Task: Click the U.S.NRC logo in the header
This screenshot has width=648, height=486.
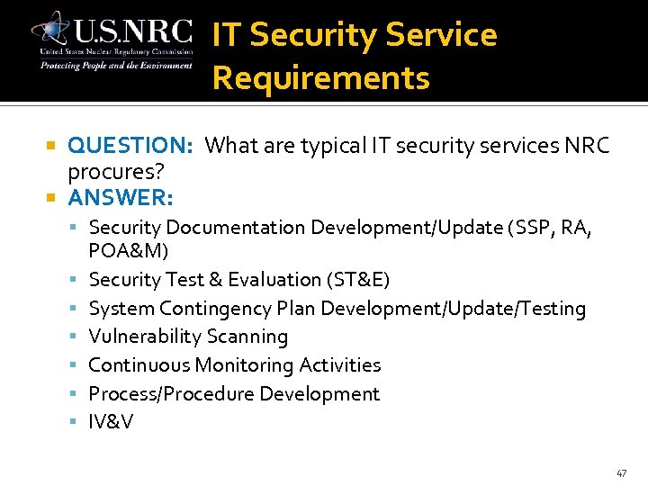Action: click(x=112, y=40)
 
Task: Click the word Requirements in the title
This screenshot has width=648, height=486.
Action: click(x=320, y=78)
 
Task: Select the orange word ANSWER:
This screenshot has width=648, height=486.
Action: click(x=121, y=196)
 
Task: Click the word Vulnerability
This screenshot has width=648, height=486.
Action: click(x=144, y=337)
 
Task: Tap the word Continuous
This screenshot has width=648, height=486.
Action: click(x=139, y=365)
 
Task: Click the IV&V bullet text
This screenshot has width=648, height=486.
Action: click(x=111, y=422)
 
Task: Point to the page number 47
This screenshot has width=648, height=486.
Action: click(x=622, y=472)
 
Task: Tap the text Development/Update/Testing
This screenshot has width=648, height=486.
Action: click(x=453, y=309)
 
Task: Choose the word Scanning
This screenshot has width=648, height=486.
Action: click(x=247, y=337)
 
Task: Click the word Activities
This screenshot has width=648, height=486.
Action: click(x=339, y=365)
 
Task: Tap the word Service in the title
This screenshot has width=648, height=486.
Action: click(x=440, y=35)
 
